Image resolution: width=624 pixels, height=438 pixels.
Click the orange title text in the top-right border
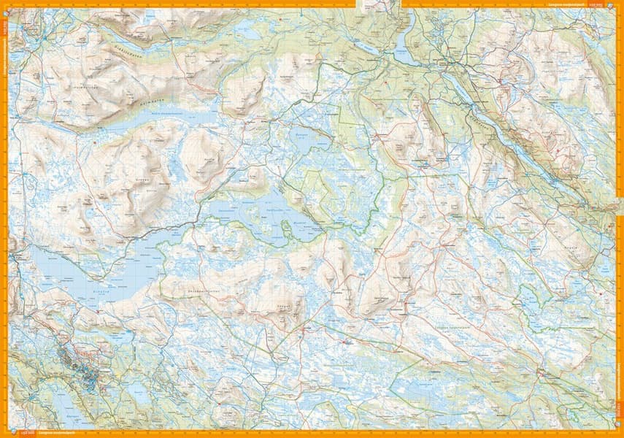[x=566, y=4]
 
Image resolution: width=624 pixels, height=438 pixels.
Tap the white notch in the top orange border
[x=380, y=4]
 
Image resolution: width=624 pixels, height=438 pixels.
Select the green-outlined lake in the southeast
[x=533, y=299]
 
